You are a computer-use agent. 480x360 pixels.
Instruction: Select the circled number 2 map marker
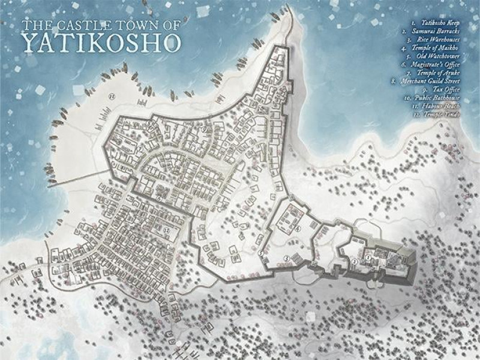355,262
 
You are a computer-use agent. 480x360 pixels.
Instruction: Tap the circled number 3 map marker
287,258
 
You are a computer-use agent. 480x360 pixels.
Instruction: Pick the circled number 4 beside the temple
298,229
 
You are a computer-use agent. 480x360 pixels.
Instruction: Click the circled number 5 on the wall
262,253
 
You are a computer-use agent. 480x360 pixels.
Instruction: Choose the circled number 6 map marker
159,197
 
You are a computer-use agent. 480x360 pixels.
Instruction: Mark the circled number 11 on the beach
112,96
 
